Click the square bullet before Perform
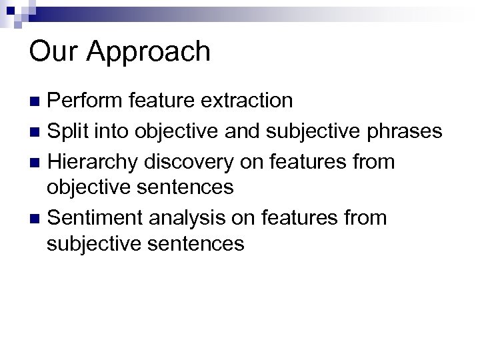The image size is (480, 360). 38,101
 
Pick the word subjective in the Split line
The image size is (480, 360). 317,132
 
